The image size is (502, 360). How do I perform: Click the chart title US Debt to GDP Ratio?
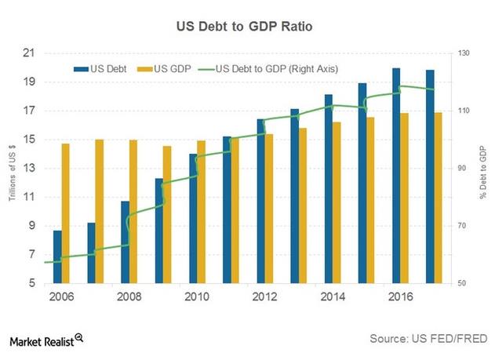250,26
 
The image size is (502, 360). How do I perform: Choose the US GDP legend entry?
163,68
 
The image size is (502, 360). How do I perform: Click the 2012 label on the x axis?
265,297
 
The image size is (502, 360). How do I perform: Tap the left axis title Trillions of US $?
13,168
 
